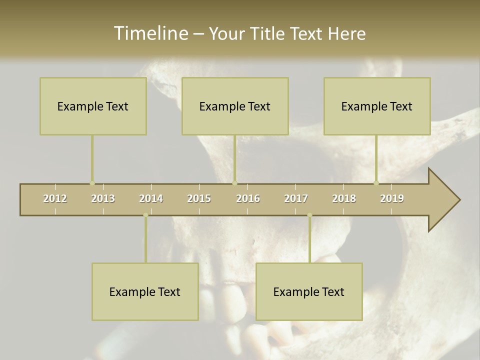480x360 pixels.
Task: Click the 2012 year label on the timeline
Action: point(55,198)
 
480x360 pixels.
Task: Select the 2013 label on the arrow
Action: point(103,198)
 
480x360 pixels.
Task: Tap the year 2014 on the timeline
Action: point(151,198)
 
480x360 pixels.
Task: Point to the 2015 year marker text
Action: point(199,198)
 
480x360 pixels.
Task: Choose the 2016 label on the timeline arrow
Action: point(248,198)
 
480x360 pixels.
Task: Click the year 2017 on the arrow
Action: point(296,198)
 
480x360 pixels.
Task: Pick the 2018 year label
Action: point(344,198)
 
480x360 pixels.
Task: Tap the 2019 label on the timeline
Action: point(392,198)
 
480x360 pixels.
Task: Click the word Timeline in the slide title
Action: point(150,33)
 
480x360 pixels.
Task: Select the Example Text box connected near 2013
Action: point(93,106)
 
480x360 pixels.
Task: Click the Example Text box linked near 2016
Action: point(235,106)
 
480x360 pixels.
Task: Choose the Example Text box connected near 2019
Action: point(377,106)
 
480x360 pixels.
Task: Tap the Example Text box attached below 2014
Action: point(145,291)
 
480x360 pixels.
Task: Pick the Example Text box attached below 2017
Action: point(309,291)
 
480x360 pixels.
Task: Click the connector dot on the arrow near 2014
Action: point(145,215)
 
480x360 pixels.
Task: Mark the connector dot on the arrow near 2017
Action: point(309,215)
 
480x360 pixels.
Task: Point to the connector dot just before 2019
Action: point(376,183)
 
